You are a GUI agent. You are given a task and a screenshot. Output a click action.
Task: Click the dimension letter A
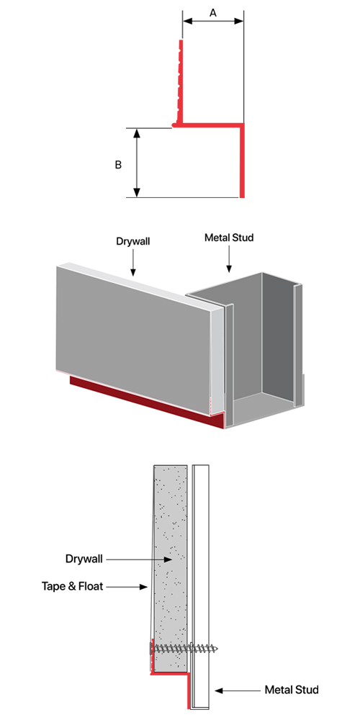213,13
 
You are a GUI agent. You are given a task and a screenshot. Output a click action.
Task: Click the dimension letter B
118,165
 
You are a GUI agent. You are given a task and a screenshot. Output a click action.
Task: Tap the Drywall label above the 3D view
132,240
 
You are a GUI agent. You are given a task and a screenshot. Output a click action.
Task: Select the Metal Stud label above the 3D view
229,238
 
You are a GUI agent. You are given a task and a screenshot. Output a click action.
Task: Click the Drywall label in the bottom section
84,559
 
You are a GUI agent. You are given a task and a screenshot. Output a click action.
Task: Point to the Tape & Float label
73,586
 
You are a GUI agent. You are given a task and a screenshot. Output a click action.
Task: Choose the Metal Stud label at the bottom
292,690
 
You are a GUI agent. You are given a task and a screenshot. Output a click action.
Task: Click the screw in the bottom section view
184,649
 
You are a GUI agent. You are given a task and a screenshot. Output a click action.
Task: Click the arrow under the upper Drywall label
132,263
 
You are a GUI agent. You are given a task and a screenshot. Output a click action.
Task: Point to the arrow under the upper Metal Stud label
229,259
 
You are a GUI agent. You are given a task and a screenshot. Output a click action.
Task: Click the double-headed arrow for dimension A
212,21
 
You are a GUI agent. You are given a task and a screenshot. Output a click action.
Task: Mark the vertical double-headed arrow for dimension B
136,163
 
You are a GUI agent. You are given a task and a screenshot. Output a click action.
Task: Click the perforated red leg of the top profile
181,82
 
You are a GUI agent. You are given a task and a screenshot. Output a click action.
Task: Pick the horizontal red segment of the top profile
208,124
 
